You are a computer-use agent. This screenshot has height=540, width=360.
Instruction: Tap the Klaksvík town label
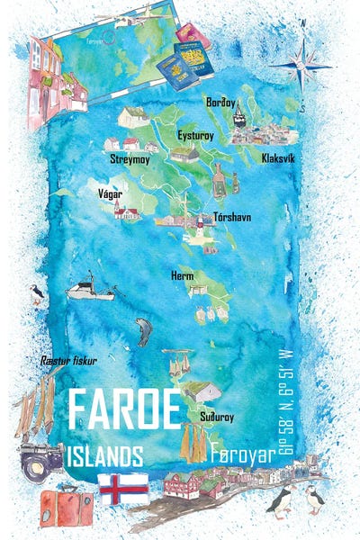pos(278,157)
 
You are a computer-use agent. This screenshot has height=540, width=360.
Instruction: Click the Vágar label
pos(109,193)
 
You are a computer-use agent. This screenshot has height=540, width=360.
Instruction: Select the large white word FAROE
pos(123,410)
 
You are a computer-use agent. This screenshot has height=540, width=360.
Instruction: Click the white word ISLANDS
pos(104,454)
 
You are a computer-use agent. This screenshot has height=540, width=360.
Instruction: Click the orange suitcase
pos(65,508)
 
